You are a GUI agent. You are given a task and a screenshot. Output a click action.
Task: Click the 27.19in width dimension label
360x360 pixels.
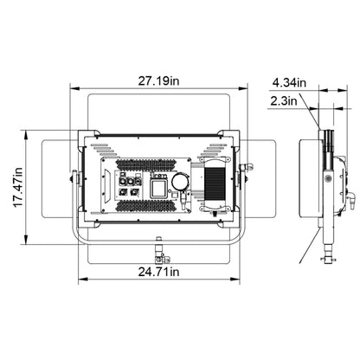click(158, 81)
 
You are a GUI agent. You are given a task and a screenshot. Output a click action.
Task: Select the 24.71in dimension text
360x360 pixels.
click(158, 272)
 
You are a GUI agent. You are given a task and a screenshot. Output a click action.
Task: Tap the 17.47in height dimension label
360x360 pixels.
click(18, 187)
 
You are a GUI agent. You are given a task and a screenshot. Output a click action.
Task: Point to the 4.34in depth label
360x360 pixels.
click(289, 83)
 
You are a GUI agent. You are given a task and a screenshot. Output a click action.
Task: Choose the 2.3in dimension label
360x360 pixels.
click(284, 101)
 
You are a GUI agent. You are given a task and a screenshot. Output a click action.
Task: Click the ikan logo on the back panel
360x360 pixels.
click(157, 176)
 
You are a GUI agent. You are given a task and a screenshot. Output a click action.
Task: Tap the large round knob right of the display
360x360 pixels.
click(181, 182)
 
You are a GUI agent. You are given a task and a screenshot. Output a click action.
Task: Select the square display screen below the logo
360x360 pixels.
click(158, 190)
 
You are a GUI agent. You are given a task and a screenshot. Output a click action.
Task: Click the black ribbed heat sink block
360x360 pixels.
click(215, 183)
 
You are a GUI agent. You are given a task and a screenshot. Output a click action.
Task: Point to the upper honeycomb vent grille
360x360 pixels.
click(153, 164)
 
